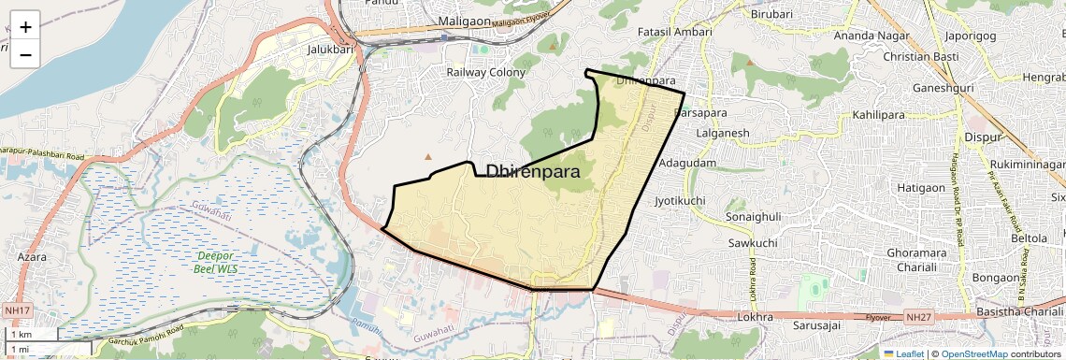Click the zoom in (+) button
[25, 26]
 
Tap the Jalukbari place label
[328, 50]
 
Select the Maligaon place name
[464, 21]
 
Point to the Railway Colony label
[485, 72]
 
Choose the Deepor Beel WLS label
[215, 262]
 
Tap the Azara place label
[32, 255]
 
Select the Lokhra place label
[755, 317]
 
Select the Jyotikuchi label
[680, 200]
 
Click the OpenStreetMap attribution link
[973, 354]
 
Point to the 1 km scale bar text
[20, 335]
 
